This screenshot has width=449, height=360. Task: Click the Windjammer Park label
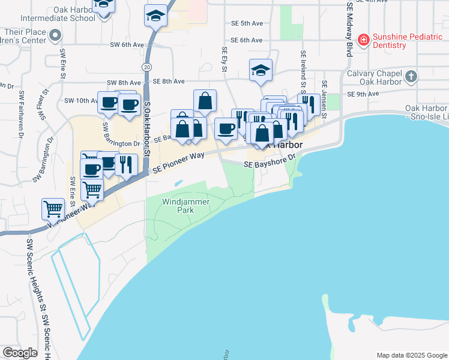pos(186,206)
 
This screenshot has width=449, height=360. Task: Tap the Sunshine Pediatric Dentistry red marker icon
pos(363,40)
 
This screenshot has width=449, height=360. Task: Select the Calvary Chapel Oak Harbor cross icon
pos(411,76)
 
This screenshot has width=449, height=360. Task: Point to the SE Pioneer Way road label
pos(178,163)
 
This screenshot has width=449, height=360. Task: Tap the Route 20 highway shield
pos(147,65)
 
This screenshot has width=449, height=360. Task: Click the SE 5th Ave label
pos(247,23)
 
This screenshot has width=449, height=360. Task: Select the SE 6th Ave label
pos(247,40)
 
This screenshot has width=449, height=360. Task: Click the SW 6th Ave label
pos(127,44)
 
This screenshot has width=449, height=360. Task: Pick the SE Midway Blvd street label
pos(349,28)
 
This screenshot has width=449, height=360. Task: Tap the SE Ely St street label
pos(224,61)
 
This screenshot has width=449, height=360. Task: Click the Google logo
pos(20,353)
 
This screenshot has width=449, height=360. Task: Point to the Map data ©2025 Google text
pos(411,355)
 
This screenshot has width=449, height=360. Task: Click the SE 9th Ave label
pos(363,94)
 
